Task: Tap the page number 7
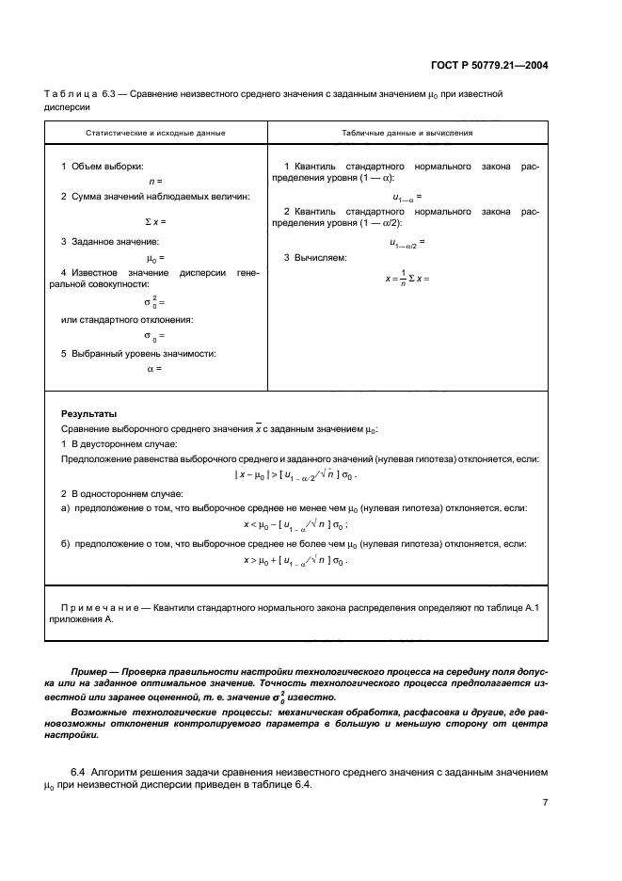point(545,803)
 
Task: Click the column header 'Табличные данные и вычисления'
point(407,133)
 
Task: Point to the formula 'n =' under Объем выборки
point(155,180)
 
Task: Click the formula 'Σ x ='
point(155,221)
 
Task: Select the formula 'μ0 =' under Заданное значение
point(155,257)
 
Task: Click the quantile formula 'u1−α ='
point(407,197)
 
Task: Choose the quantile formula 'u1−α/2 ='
point(407,242)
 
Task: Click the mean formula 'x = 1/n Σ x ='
point(407,279)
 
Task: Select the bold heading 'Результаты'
point(88,413)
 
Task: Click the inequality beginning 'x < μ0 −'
point(295,524)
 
